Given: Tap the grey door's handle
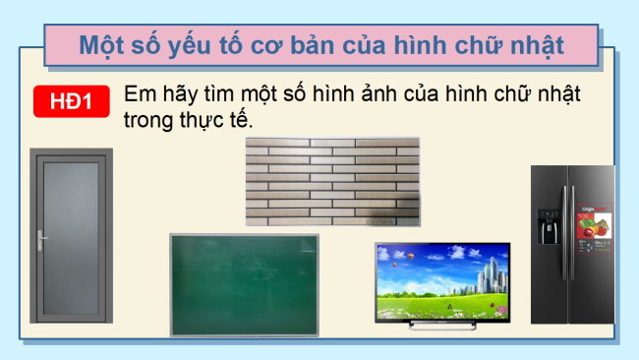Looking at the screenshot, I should [41, 239].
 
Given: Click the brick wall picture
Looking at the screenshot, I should [332, 182].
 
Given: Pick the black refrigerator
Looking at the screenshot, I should [572, 245].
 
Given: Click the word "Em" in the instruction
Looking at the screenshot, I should [138, 95].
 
